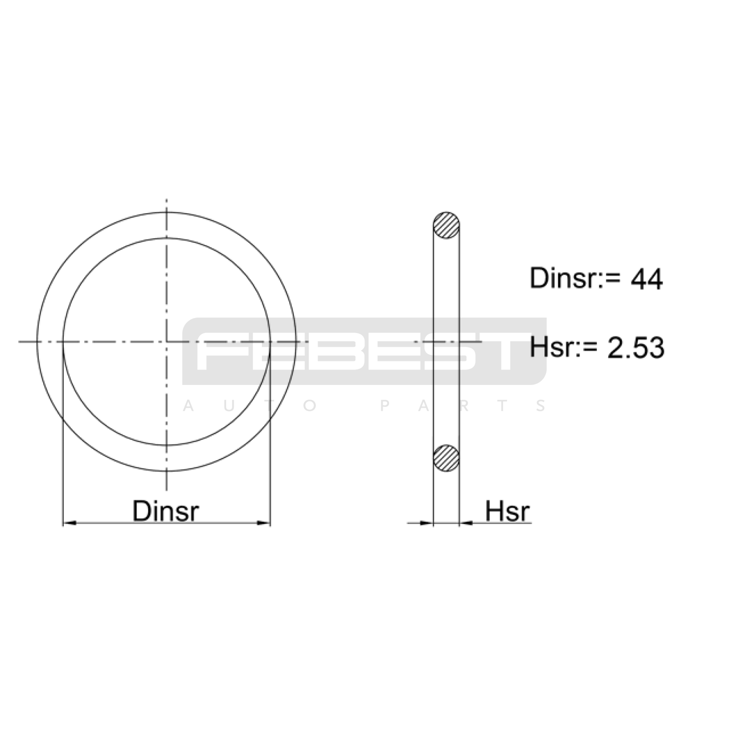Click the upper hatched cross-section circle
pos(446,225)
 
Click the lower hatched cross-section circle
pos(446,458)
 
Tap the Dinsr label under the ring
pos(165,511)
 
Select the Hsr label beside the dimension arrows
pos(507,511)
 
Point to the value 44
pos(647,279)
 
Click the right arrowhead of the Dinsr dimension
pos(264,523)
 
